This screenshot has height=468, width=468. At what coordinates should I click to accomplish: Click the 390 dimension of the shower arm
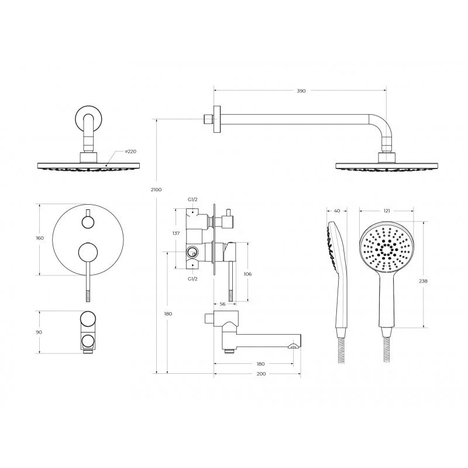coord(301,91)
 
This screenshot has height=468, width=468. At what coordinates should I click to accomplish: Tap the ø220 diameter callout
coord(130,152)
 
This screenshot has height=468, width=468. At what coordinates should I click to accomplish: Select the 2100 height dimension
coord(156,190)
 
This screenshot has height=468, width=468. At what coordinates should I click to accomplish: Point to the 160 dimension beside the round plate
coord(40,238)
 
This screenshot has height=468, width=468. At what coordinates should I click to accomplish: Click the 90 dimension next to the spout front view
coord(39,332)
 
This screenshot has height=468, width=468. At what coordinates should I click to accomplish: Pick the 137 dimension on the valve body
coord(176,233)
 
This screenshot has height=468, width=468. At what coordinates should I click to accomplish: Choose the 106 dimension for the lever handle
coord(247,274)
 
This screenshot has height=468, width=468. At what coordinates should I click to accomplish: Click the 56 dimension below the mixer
coord(223,304)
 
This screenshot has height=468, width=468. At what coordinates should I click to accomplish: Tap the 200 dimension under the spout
coord(261,374)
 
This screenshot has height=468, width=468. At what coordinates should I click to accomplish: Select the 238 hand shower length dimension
coord(423,281)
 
